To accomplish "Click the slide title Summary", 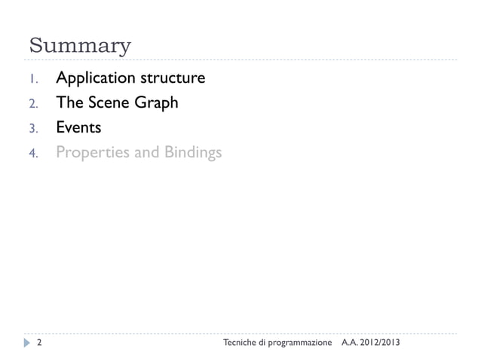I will tap(79, 45).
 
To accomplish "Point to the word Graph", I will tap(156, 103).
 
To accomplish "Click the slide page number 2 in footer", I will tap(38, 343).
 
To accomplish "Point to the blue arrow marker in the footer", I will tap(27, 343).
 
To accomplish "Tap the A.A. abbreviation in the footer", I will tap(351, 343).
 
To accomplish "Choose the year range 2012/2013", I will tap(381, 343).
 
